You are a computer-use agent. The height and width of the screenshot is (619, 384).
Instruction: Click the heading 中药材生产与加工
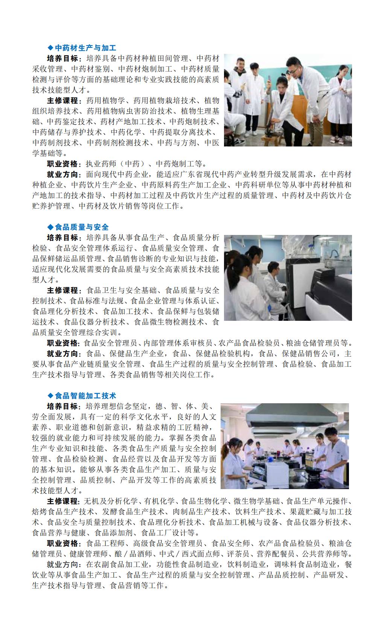pyautogui.click(x=85, y=48)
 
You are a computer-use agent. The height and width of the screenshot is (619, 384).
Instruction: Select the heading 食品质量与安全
pyautogui.click(x=82, y=227)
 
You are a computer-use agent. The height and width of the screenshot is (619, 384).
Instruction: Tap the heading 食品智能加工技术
pyautogui.click(x=85, y=396)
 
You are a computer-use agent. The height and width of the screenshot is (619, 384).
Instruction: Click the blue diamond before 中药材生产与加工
pyautogui.click(x=51, y=48)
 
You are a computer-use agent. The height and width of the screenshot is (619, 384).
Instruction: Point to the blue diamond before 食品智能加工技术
pyautogui.click(x=51, y=396)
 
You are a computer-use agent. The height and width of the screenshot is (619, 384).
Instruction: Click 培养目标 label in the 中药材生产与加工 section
pyautogui.click(x=63, y=58)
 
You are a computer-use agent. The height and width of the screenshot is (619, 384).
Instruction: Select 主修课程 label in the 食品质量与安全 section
pyautogui.click(x=63, y=290)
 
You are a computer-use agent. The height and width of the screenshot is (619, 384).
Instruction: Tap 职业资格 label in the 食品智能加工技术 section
pyautogui.click(x=63, y=543)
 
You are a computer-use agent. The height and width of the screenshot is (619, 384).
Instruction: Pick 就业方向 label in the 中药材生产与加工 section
pyautogui.click(x=63, y=174)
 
